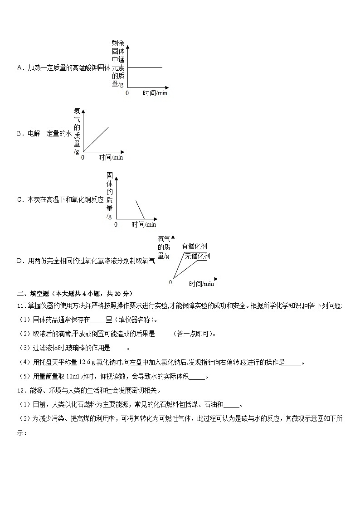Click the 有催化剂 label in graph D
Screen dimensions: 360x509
click(x=194, y=246)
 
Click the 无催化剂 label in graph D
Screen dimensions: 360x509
click(x=198, y=257)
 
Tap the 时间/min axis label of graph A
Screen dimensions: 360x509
click(x=155, y=93)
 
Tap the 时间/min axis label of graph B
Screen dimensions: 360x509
click(x=111, y=158)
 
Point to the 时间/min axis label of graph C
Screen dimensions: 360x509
click(x=144, y=224)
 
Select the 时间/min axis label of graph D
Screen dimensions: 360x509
click(x=202, y=284)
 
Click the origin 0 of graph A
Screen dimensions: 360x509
click(x=127, y=93)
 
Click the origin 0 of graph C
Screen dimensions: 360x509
click(x=116, y=224)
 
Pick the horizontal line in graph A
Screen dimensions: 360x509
click(x=145, y=67)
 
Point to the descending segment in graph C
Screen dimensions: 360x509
click(x=140, y=209)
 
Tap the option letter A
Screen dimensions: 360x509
click(x=19, y=68)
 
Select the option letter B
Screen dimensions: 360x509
click(x=19, y=134)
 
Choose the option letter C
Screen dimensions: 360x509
click(x=19, y=199)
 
